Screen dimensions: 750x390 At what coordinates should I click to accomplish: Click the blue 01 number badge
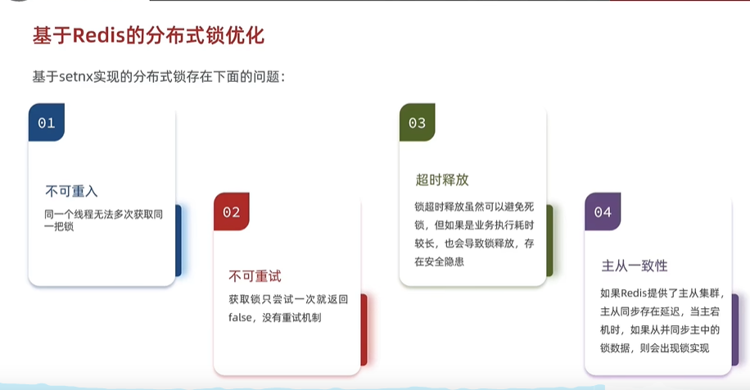point(47,123)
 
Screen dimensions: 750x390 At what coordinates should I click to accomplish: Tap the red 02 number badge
point(232,211)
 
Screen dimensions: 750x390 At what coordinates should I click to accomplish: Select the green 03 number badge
point(417,123)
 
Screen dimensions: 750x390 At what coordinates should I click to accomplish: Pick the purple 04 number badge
point(603,211)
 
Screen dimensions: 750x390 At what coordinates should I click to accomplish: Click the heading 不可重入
point(71,192)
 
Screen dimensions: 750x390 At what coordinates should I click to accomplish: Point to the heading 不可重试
point(255,276)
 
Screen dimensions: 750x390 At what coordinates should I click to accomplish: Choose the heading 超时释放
point(442,180)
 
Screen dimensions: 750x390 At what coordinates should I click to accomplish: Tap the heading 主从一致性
point(635,265)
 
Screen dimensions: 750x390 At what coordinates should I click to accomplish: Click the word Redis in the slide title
point(98,35)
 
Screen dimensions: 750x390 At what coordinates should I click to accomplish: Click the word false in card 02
point(240,317)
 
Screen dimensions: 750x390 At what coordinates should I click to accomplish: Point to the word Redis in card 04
point(634,293)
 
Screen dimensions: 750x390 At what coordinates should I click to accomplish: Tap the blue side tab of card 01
point(178,241)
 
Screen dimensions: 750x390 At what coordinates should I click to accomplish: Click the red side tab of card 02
point(364,329)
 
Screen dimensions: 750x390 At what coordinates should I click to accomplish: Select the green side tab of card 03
point(549,241)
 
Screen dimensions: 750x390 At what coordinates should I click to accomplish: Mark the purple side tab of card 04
point(735,329)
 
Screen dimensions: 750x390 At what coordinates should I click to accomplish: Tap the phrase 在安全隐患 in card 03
point(439,261)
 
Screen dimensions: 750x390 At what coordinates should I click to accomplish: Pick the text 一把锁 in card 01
point(59,226)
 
